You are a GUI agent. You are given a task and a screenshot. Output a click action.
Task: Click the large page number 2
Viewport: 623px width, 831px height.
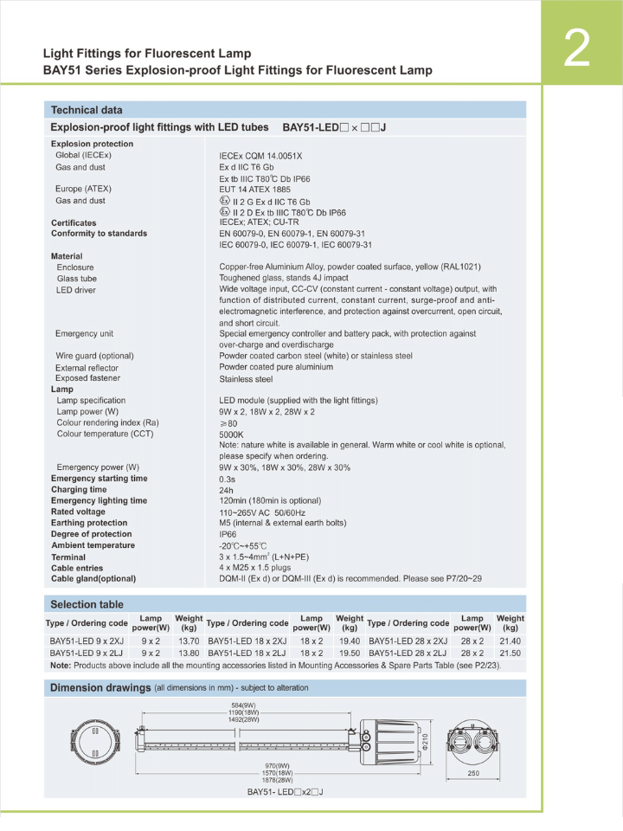576,49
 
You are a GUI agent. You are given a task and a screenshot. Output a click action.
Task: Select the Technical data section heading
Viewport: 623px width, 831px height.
87,110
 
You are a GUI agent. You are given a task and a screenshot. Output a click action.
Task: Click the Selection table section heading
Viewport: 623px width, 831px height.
87,604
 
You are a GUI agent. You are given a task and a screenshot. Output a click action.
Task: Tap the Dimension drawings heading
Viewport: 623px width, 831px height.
100,688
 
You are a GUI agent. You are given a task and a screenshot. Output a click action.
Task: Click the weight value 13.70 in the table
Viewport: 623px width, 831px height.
189,641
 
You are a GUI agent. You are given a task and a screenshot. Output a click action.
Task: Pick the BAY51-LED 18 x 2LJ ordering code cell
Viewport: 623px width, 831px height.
247,653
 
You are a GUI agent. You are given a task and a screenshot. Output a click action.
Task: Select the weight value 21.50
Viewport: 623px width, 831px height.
510,653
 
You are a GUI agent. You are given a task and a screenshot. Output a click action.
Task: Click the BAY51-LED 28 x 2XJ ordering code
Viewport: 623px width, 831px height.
408,641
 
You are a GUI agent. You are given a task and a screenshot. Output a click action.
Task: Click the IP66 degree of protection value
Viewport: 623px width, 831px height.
228,534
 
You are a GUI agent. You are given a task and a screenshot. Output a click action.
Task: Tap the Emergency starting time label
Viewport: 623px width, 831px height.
99,479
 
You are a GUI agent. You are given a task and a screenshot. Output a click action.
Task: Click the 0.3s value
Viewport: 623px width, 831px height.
227,479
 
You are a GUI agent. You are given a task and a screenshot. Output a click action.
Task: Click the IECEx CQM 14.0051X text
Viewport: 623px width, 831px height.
260,156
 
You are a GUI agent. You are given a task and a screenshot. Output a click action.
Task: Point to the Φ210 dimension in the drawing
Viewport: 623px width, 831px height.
424,743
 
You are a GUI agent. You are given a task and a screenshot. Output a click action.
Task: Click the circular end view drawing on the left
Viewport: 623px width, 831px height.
92,742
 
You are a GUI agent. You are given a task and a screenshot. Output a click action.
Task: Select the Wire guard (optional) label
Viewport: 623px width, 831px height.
94,356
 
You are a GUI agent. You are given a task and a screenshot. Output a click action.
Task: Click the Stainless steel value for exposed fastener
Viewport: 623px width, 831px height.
246,379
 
